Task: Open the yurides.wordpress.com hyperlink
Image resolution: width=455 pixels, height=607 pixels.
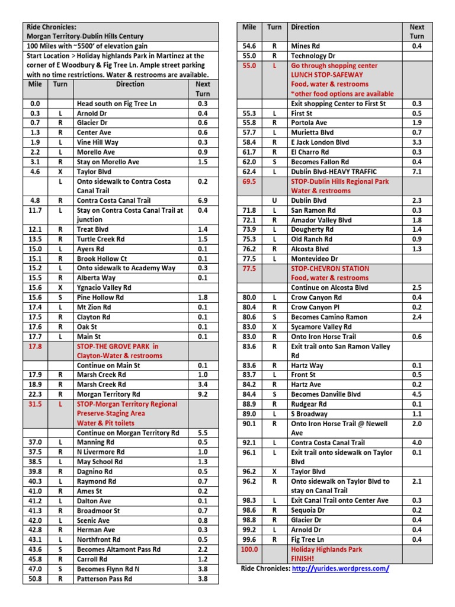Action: tap(341, 568)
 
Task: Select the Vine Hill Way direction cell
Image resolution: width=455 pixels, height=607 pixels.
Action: tap(98, 142)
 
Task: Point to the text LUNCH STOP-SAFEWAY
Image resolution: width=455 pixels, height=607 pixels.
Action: tap(326, 75)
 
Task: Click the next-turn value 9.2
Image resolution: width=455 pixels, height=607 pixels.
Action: tap(203, 394)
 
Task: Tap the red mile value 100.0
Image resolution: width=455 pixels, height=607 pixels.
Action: tap(249, 549)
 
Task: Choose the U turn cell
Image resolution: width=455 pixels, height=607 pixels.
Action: tap(274, 200)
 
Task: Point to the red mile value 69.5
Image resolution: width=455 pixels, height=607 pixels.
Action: tap(249, 181)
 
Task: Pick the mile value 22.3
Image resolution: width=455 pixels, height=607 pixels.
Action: tap(35, 394)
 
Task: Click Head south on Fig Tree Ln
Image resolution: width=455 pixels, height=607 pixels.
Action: tap(117, 104)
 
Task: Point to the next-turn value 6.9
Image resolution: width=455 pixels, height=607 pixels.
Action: tap(203, 200)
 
